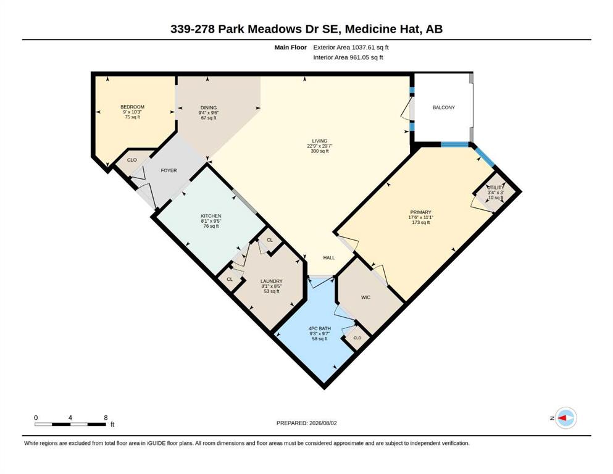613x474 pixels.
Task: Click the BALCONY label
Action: [443, 107]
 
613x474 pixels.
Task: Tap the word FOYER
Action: [169, 170]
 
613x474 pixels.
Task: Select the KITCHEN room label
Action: [211, 216]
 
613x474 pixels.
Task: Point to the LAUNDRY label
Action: [272, 281]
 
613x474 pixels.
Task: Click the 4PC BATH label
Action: [320, 328]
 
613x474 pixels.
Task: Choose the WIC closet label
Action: [365, 297]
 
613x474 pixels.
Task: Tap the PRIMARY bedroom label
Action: [420, 212]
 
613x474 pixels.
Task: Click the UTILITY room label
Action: [496, 188]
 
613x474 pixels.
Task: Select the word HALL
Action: [329, 258]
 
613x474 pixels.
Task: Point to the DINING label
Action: [209, 108]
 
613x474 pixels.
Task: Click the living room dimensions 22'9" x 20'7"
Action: [319, 146]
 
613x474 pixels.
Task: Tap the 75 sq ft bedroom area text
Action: [133, 117]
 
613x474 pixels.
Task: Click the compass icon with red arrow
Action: [565, 418]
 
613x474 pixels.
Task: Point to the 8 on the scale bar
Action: [106, 417]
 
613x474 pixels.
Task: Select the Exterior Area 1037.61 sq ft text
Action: [351, 48]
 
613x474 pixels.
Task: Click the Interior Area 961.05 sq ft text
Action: [348, 57]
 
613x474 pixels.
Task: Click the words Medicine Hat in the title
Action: [382, 29]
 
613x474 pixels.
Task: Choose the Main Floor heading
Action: [291, 48]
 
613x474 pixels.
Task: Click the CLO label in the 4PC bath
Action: [357, 338]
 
